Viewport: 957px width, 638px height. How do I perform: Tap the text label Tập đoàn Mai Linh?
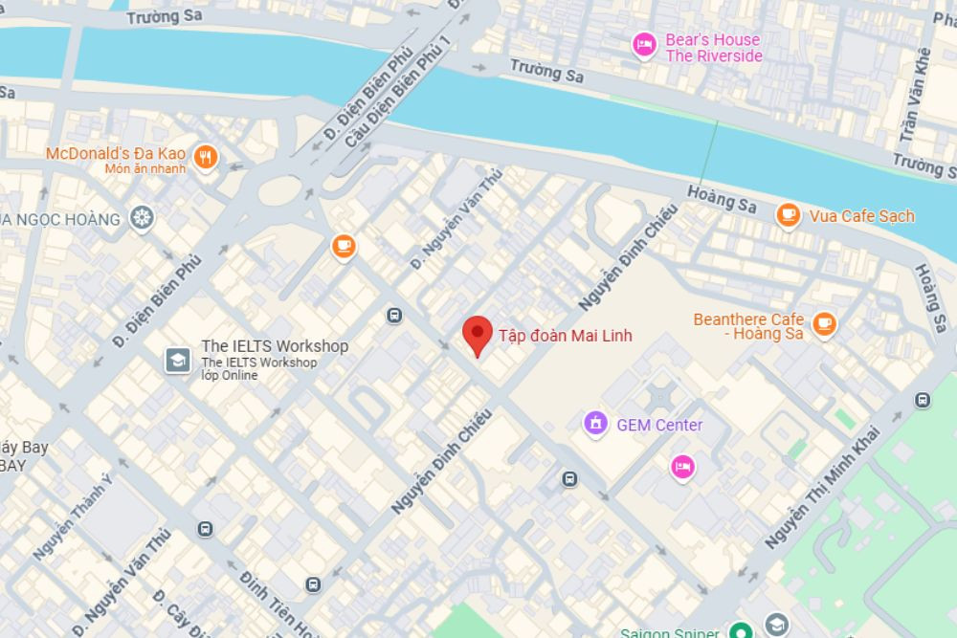[x=565, y=336]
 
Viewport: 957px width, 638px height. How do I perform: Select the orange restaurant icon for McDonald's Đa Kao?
[x=205, y=157]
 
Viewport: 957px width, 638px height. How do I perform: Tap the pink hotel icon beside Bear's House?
[x=644, y=45]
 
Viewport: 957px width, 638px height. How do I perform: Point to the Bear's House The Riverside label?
[x=713, y=48]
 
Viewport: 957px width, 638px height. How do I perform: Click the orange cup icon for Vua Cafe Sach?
[x=788, y=215]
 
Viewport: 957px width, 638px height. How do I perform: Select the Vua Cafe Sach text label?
[x=861, y=216]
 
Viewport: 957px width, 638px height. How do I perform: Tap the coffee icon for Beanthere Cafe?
[x=823, y=324]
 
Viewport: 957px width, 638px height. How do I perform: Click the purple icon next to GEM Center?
[x=596, y=423]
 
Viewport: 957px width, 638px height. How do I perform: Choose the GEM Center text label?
[x=659, y=425]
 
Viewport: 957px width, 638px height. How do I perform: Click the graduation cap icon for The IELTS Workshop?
[x=177, y=360]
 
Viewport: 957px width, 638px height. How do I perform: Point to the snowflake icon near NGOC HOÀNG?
[x=142, y=219]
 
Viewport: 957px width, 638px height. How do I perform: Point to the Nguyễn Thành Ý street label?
[x=72, y=517]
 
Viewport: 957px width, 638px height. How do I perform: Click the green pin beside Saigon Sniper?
[x=738, y=631]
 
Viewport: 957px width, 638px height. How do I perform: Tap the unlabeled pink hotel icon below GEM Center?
[x=681, y=466]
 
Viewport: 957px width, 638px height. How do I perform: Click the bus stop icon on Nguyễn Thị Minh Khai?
[x=922, y=400]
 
